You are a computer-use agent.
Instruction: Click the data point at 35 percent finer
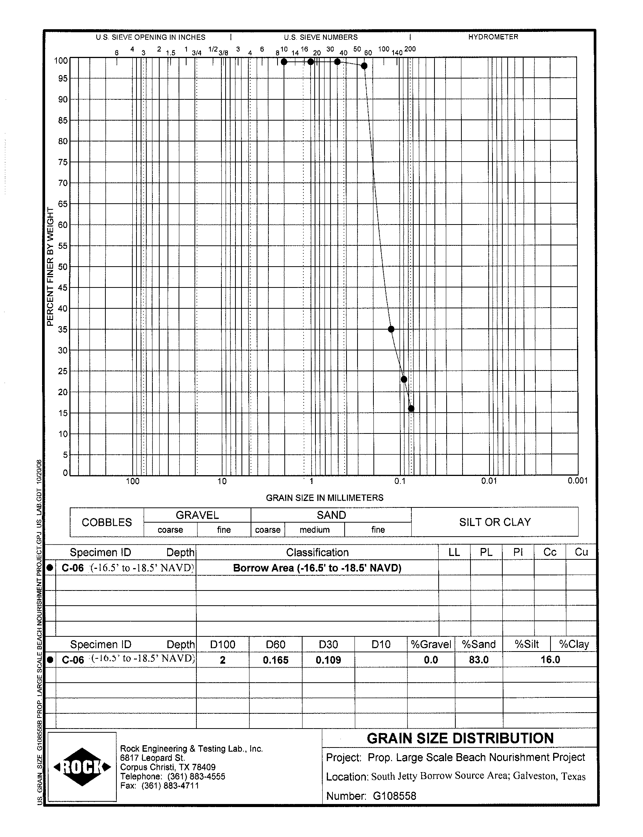(x=391, y=329)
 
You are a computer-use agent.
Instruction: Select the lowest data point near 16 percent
(x=411, y=408)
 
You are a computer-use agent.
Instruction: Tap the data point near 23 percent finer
(x=403, y=380)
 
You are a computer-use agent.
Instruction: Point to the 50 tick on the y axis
(x=63, y=267)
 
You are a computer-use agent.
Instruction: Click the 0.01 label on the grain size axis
(x=489, y=481)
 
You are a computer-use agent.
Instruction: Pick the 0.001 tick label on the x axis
(x=577, y=481)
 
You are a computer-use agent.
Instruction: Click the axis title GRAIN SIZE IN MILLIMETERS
(x=325, y=498)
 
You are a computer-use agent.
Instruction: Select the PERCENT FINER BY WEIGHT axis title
(x=50, y=267)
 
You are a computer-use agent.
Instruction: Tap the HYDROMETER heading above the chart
(x=493, y=37)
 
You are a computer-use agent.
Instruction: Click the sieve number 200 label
(x=410, y=49)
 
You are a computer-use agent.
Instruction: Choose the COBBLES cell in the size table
(x=107, y=522)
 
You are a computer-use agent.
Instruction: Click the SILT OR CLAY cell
(x=495, y=522)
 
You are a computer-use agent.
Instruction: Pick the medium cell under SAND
(x=315, y=530)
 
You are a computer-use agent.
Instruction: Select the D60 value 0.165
(x=276, y=660)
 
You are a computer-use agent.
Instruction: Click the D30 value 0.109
(x=328, y=660)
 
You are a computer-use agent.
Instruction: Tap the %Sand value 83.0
(x=478, y=660)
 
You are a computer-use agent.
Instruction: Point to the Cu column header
(x=581, y=552)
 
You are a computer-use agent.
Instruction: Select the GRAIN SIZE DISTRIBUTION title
(x=460, y=738)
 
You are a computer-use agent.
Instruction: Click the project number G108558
(x=394, y=796)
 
